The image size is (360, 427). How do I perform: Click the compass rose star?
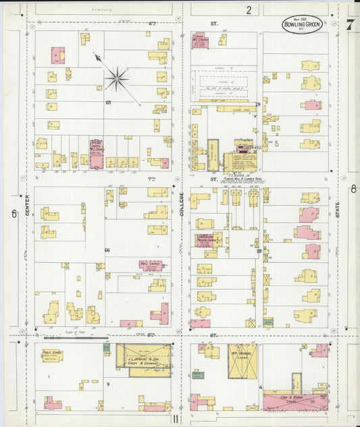[117, 79]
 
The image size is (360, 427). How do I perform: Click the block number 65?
[108, 102]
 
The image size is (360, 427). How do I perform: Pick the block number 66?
[107, 250]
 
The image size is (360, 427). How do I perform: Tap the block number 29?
[257, 104]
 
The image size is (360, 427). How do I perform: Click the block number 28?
[259, 251]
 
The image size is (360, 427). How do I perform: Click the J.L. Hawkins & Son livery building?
[143, 356]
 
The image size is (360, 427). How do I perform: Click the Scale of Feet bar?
[76, 336]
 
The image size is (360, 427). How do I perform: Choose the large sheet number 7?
[351, 26]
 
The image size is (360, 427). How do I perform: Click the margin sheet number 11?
[175, 419]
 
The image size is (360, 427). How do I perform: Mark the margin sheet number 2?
[249, 9]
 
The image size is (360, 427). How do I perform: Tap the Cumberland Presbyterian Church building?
[205, 240]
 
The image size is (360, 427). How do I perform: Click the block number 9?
[107, 384]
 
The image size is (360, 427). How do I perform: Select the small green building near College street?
[197, 374]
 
